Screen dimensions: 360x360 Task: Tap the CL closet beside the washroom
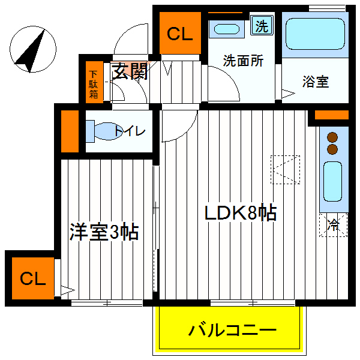(180, 33)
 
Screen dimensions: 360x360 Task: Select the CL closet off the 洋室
(33, 278)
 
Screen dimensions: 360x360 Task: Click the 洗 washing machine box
(262, 25)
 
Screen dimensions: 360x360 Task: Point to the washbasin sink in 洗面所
(227, 29)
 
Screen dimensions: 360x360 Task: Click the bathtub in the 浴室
(315, 34)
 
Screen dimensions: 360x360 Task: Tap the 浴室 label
(316, 82)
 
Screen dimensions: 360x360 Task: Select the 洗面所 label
(243, 61)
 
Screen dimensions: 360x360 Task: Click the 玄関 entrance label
(130, 71)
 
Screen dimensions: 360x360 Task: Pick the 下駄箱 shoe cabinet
(94, 82)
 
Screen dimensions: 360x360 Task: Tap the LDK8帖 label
(241, 213)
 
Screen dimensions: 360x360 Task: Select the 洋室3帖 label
(104, 232)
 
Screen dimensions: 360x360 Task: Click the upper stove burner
(332, 137)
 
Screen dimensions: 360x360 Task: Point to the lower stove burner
(332, 149)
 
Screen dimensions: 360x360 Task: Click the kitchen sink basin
(332, 181)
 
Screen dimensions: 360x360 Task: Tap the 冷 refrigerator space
(333, 225)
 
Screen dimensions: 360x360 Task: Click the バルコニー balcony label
(232, 330)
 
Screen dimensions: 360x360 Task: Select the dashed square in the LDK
(285, 170)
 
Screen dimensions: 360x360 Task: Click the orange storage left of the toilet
(70, 131)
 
